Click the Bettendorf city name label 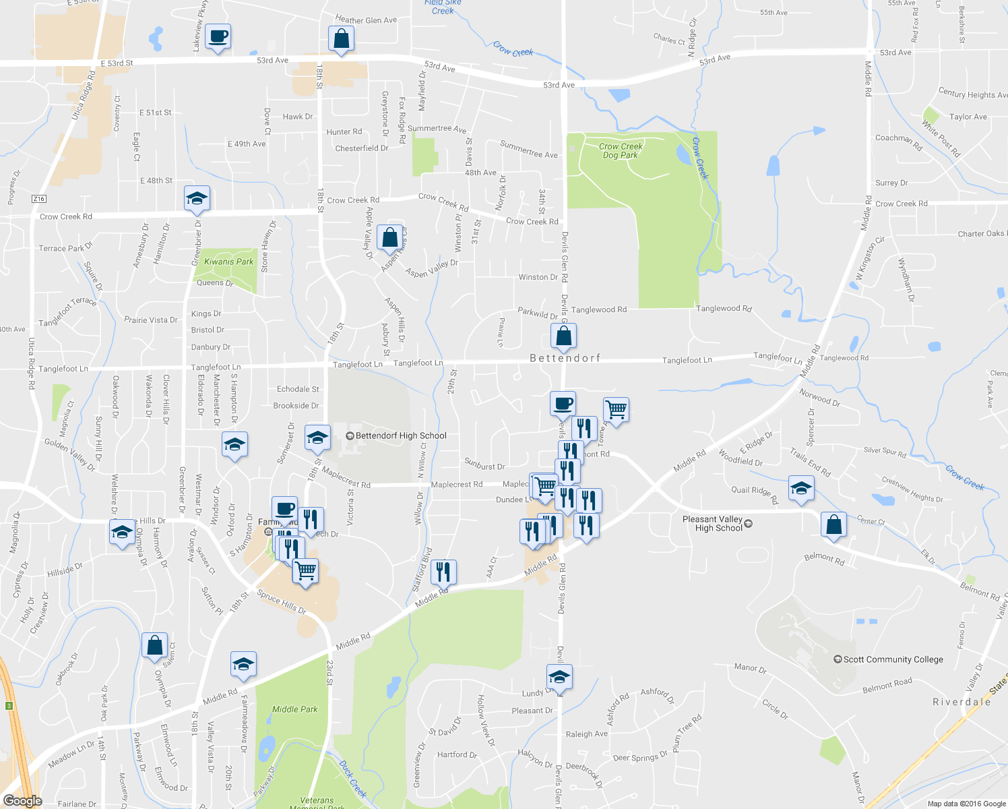(565, 358)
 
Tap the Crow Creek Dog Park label (621, 150)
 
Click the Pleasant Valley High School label (713, 524)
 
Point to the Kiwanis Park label (229, 262)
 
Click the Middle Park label (294, 709)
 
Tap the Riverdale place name (962, 702)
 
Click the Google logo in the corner (22, 801)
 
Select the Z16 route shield (39, 199)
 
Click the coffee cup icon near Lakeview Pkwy (218, 36)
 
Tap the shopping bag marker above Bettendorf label (563, 335)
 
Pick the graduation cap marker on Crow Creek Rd (197, 198)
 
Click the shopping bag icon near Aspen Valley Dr (389, 237)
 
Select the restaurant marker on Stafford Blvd (443, 572)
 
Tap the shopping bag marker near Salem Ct (154, 645)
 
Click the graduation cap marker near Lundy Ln (559, 676)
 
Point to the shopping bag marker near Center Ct (833, 524)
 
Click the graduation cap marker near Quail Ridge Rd (800, 488)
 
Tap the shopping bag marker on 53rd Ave (342, 38)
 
